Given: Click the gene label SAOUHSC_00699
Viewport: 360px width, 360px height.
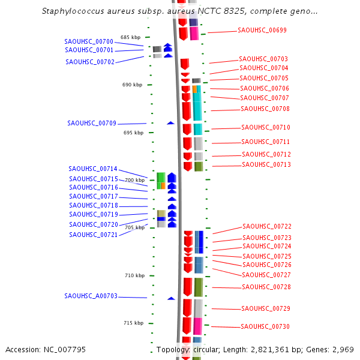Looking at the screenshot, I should (x=262, y=30).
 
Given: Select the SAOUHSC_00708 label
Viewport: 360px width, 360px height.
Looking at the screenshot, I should (x=265, y=109).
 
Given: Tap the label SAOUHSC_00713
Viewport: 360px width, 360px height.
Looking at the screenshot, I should (x=266, y=164).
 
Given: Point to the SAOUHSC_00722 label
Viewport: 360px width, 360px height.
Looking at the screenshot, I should (x=267, y=226).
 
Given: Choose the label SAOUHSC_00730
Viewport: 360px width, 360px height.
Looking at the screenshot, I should (x=265, y=326).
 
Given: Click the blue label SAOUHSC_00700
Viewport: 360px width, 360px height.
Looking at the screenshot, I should (x=89, y=41).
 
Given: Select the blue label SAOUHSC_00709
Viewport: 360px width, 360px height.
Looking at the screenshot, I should (x=92, y=123).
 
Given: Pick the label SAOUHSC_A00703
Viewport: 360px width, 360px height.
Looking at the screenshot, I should (x=91, y=296).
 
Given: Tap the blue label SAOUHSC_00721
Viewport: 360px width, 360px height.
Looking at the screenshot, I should (x=93, y=235).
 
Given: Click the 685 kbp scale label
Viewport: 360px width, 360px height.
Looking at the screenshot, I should (x=130, y=37).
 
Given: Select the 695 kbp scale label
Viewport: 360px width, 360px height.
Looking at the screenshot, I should (x=134, y=133).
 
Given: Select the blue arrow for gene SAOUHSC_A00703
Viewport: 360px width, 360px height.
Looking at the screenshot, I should (x=171, y=298).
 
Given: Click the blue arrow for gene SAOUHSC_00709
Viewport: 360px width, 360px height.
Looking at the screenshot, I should (x=170, y=122).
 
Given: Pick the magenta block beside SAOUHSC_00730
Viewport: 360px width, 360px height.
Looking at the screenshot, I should (x=197, y=326).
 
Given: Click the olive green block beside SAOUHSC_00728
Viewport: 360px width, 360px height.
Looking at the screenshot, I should (x=198, y=287).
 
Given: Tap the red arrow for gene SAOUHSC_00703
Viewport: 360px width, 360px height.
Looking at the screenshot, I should (x=185, y=64).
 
